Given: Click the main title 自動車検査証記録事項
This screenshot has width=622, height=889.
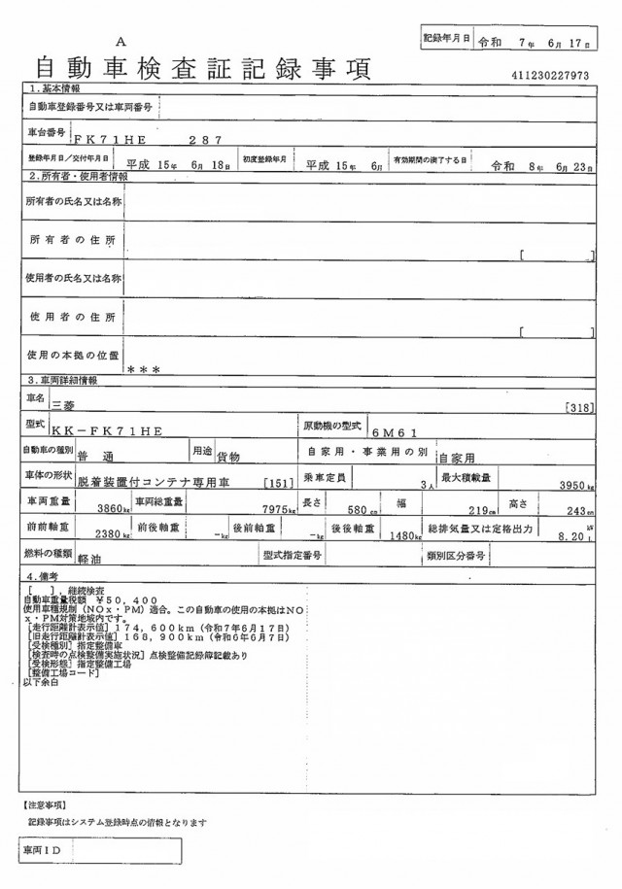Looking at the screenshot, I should [202, 69].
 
